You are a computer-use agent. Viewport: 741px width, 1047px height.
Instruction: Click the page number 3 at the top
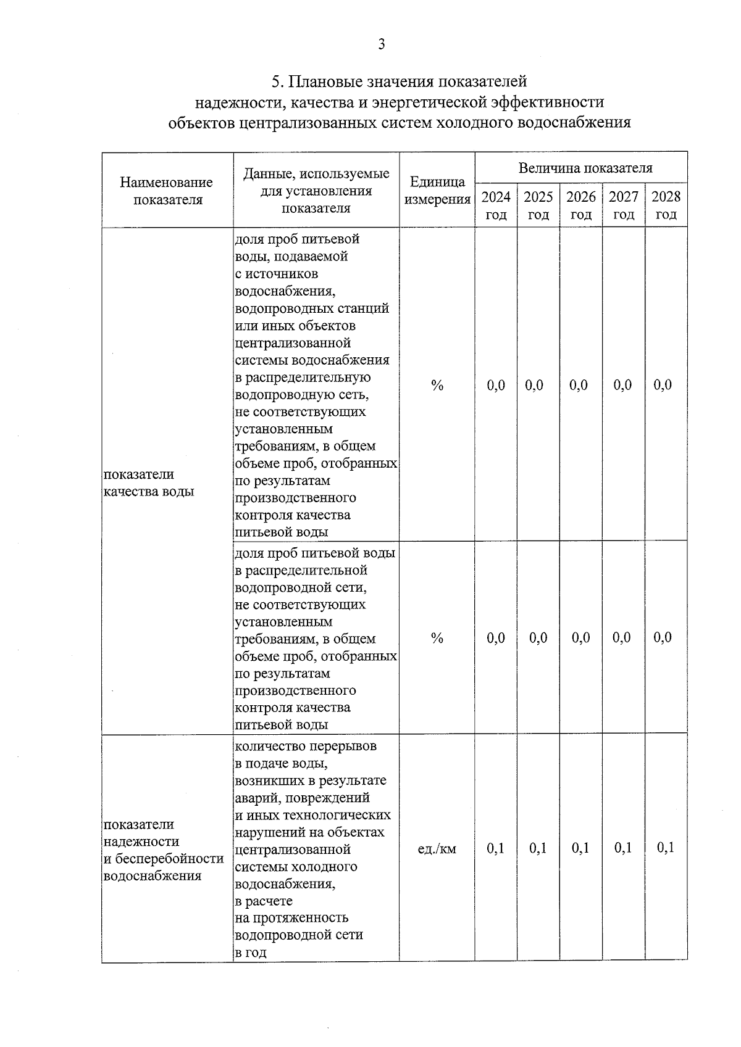point(382,44)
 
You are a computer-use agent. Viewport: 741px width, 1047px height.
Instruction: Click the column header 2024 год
point(496,205)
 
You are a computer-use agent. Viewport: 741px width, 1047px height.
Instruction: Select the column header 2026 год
point(581,205)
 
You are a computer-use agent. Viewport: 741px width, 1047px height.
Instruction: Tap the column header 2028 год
point(666,205)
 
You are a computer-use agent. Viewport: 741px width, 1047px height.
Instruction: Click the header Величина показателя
point(585,168)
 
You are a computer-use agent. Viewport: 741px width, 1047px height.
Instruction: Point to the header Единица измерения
point(437,191)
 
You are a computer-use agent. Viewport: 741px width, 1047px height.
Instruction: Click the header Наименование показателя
point(167,191)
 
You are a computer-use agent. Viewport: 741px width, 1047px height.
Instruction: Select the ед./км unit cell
point(437,849)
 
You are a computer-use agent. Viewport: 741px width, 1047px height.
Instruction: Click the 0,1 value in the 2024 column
point(496,848)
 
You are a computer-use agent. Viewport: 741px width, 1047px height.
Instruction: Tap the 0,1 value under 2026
point(580,848)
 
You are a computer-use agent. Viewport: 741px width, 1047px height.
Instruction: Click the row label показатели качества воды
point(148,482)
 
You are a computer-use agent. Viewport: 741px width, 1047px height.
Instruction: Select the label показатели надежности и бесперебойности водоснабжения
point(164,850)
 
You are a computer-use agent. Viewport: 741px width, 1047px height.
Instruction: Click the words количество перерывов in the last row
point(306,746)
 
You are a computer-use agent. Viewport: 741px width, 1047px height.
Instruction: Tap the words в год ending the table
point(251,952)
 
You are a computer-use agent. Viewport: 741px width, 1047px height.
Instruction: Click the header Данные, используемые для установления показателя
point(316,191)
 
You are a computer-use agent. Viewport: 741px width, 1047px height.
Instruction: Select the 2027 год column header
point(623,205)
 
